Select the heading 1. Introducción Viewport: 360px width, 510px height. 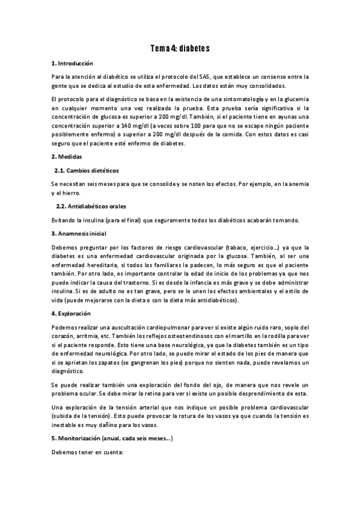click(72, 63)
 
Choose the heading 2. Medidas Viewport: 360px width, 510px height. click(67, 156)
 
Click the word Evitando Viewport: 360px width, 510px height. click(65, 219)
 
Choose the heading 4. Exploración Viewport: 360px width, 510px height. click(70, 313)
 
